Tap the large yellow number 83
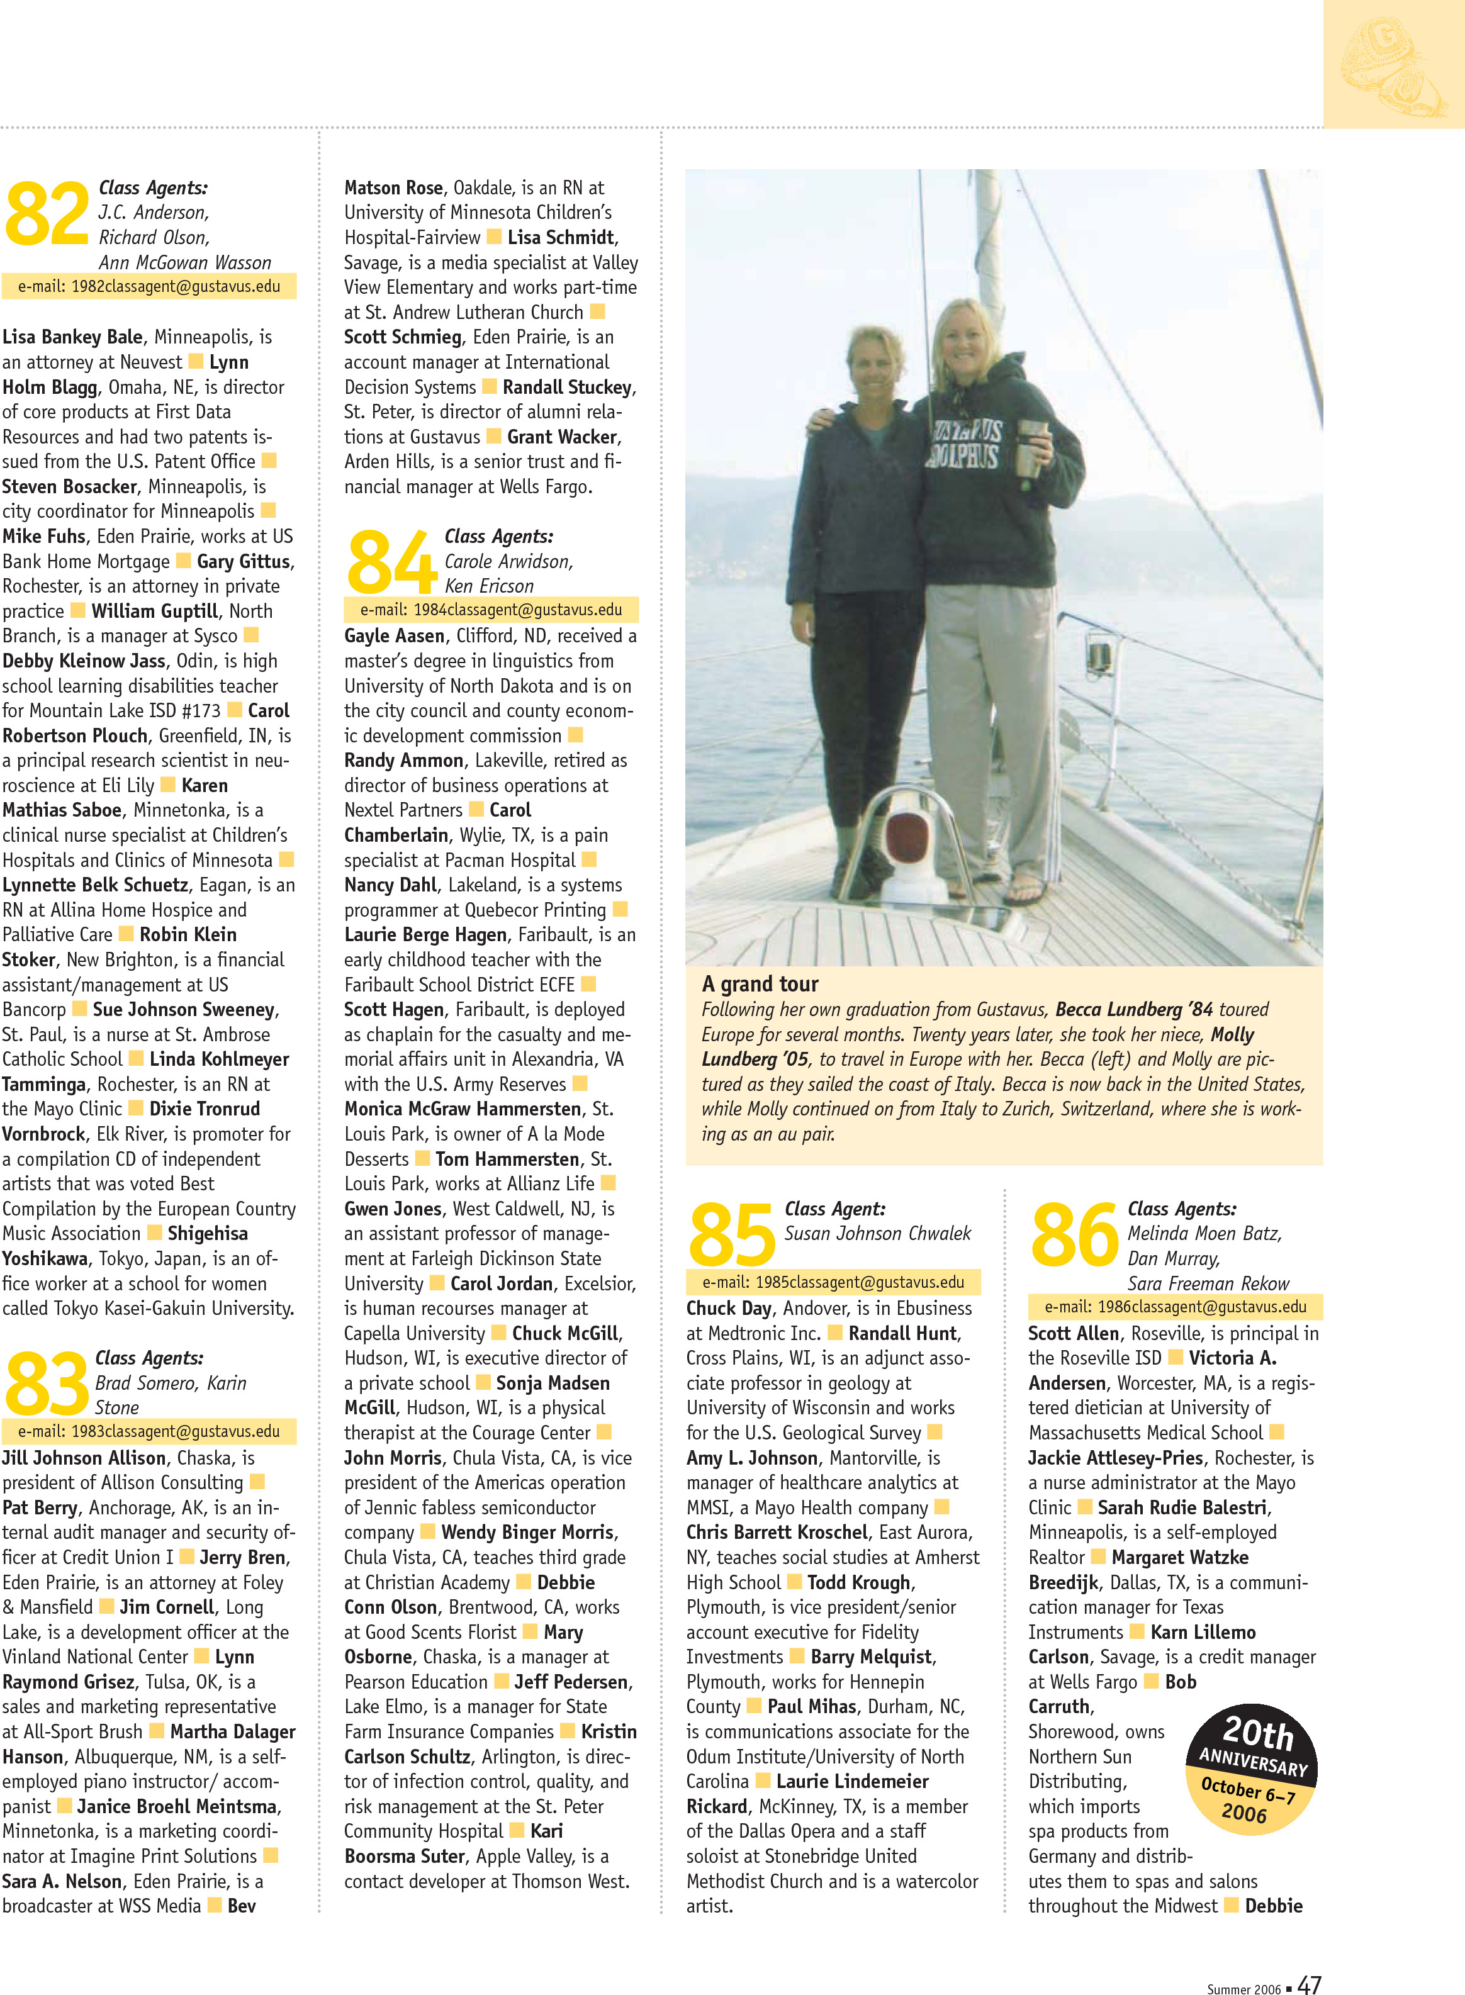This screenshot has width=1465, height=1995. tap(47, 1384)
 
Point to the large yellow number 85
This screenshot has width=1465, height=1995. tap(732, 1234)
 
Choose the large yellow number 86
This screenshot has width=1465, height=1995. tap(1074, 1234)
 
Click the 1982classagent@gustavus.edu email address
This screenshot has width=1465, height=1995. tap(149, 286)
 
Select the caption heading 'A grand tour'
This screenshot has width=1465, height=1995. tap(760, 983)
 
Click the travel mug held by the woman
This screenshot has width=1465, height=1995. tap(1030, 450)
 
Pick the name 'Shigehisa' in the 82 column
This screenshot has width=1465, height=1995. tap(208, 1233)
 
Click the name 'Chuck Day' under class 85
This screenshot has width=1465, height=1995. tap(729, 1308)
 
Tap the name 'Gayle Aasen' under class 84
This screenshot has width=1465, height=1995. tap(395, 635)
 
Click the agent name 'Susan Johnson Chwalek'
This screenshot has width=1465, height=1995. tap(877, 1233)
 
